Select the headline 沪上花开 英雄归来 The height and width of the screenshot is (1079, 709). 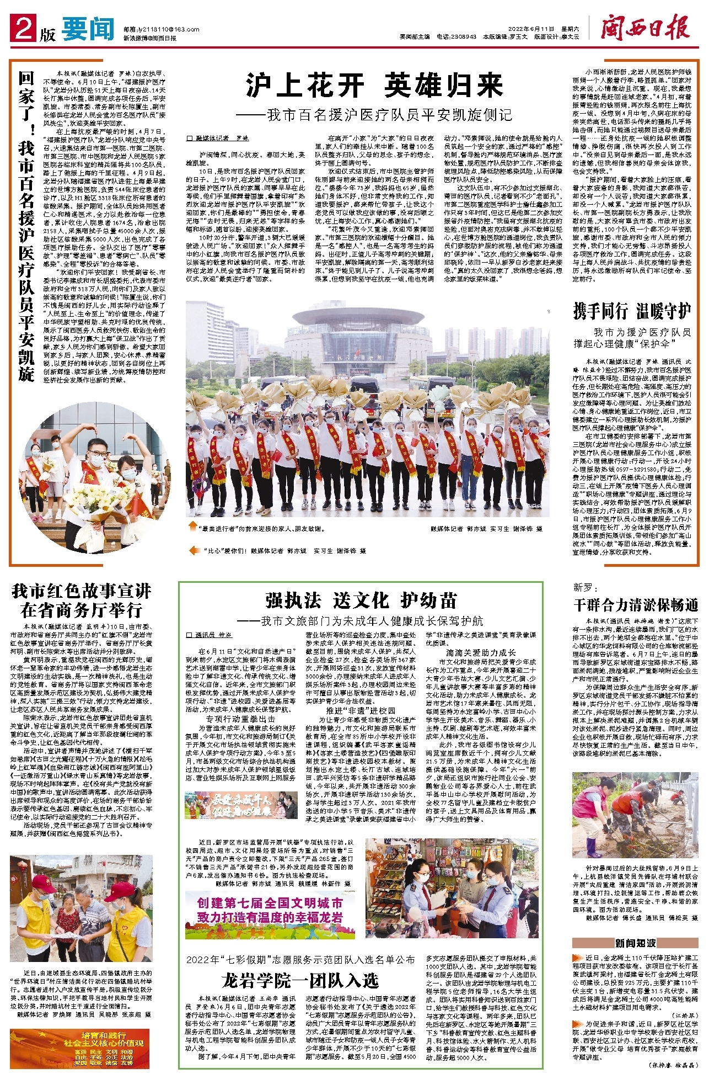[x=375, y=86]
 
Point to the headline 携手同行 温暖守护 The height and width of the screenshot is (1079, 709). [x=632, y=311]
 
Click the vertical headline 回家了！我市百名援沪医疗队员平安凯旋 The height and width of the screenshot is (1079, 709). [x=26, y=226]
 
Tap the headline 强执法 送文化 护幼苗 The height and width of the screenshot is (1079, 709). [x=361, y=600]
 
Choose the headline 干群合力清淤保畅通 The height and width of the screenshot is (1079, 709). [x=635, y=604]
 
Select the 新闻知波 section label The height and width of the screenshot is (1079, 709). [x=635, y=942]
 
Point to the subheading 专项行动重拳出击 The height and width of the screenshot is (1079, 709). [x=240, y=719]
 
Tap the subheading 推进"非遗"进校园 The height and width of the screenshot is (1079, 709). [x=361, y=710]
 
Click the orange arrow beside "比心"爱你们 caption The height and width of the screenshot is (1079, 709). [x=194, y=550]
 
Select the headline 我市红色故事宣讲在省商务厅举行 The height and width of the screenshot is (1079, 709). [x=82, y=600]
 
